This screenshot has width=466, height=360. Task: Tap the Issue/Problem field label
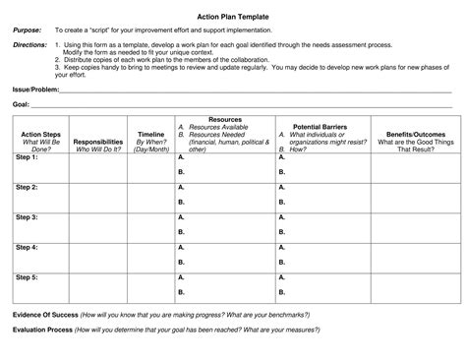[x=36, y=88]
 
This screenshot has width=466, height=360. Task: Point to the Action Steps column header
[x=39, y=134]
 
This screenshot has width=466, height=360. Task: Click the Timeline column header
[x=150, y=134]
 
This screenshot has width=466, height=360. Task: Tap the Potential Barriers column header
[x=316, y=127]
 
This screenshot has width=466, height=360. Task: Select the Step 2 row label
[x=27, y=187]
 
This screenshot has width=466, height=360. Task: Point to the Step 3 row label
[x=27, y=216]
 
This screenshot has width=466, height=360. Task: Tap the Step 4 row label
[x=27, y=247]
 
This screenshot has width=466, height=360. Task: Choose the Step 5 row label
[x=27, y=276]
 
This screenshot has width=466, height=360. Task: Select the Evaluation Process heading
[x=44, y=331]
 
